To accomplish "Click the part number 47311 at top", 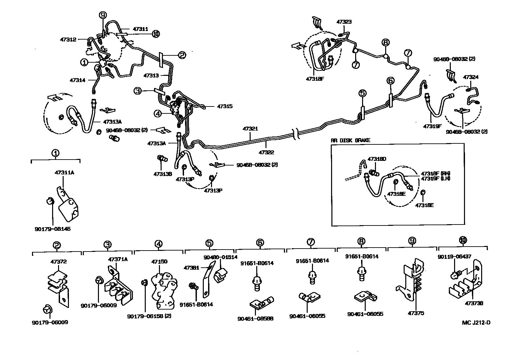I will (141, 29).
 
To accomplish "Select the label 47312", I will (68, 40).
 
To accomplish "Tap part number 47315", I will (225, 106).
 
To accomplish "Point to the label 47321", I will (250, 129).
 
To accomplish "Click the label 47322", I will (266, 153).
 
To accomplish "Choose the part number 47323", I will (344, 22).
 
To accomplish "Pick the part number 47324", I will (471, 77).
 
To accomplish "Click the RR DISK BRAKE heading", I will (351, 140).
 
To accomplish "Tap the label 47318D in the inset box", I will (378, 159).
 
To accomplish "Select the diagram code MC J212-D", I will (476, 322).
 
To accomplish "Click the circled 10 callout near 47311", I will (156, 34).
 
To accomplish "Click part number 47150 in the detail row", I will (159, 262).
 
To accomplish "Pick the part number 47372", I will (58, 262).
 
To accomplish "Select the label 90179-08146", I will (52, 228).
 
